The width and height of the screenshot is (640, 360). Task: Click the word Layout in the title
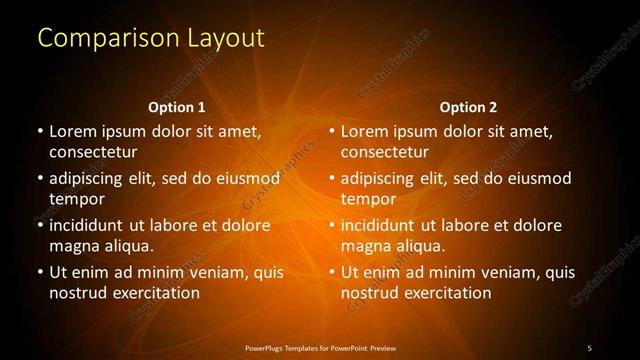pos(227,38)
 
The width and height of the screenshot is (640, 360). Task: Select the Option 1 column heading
pos(177,107)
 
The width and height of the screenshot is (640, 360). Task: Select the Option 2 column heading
pos(468,107)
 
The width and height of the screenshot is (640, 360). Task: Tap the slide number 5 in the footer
pos(589,347)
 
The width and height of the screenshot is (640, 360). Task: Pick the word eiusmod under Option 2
pos(540,178)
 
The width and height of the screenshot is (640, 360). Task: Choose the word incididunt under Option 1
pos(89,225)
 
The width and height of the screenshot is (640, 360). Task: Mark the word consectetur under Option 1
pos(93,152)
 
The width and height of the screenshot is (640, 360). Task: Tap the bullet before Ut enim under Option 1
pos(40,272)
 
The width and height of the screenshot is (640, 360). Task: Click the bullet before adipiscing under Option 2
pos(332,178)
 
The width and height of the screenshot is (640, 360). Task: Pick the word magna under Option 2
pos(365,246)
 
